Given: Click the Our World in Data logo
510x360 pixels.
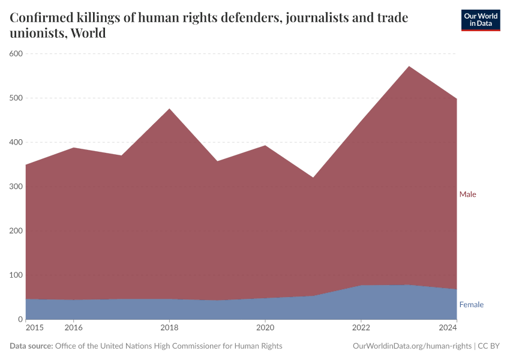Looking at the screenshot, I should [480, 20].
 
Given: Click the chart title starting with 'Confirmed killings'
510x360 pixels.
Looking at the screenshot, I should [209, 25].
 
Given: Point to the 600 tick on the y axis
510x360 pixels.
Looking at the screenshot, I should [16, 54].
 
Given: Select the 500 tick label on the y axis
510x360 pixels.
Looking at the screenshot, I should [16, 98].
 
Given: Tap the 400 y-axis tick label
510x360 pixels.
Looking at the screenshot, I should [16, 143].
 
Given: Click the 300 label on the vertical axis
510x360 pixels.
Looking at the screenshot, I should [16, 187].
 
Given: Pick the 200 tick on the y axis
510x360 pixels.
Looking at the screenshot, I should [16, 231].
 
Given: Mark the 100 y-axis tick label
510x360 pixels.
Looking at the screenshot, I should [16, 275].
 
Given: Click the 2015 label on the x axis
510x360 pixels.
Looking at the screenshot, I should [34, 328].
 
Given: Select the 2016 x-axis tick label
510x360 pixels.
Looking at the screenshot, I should [73, 328].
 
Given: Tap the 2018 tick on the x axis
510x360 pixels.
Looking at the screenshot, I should [169, 328].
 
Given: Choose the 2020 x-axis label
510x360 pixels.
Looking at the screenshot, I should [265, 328].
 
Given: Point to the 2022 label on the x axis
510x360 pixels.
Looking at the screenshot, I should [361, 328].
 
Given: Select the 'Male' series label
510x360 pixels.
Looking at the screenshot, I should [467, 194].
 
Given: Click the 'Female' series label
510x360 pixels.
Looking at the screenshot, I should [471, 305].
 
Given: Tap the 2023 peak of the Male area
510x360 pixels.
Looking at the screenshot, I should [409, 67].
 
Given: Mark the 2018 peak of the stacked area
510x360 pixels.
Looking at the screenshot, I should [169, 109].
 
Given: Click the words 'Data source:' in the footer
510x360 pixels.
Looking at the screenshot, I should [31, 346].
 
